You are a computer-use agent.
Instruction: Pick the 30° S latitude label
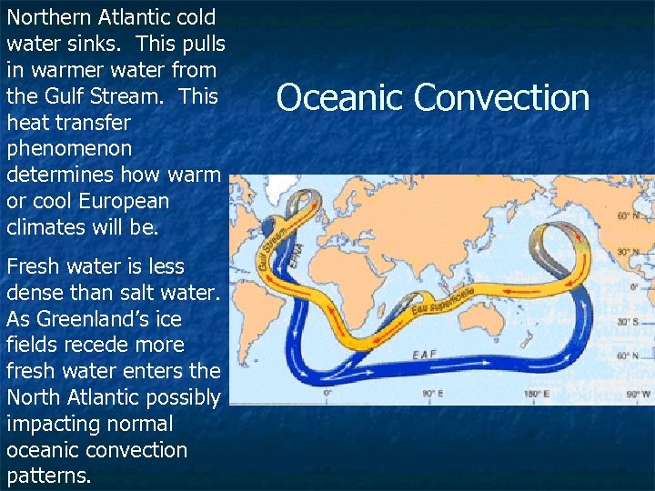coord(629,322)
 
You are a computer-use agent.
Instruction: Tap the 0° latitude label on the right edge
coord(634,286)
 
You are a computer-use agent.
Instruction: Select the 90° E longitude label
coord(429,394)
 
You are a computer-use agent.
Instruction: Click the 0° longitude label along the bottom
coord(328,394)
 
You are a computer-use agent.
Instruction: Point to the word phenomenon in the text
coord(69,147)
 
